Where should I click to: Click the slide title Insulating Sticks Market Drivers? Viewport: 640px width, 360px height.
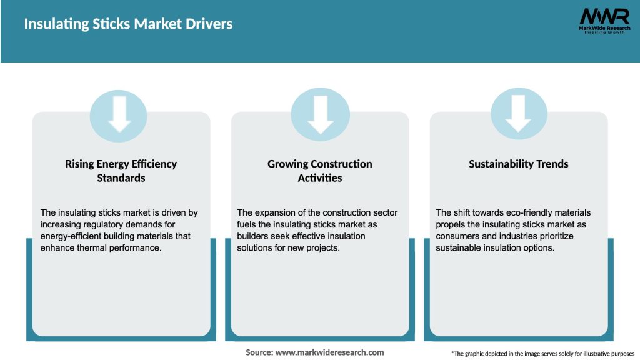click(x=128, y=24)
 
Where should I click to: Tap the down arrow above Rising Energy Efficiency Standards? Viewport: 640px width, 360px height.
click(x=120, y=113)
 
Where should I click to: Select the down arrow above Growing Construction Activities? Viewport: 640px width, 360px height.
click(x=320, y=113)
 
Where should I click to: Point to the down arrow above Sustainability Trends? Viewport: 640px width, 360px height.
click(x=518, y=113)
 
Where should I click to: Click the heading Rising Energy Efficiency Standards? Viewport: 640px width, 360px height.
click(x=121, y=171)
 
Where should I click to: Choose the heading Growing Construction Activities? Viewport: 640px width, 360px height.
click(x=319, y=171)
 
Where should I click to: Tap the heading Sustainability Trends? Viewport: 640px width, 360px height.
click(x=518, y=164)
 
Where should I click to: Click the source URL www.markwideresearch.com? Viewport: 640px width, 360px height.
click(x=329, y=352)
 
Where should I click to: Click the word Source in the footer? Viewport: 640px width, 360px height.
click(x=259, y=352)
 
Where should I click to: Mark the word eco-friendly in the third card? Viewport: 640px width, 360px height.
click(x=515, y=212)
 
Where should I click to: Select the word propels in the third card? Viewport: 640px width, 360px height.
click(x=451, y=224)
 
